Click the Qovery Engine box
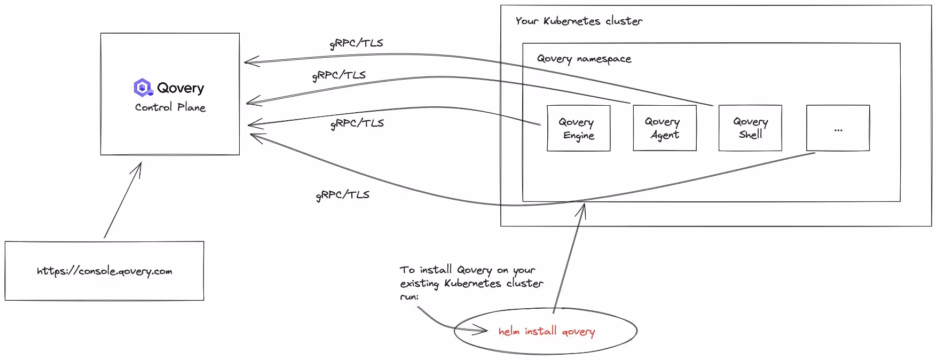(578, 129)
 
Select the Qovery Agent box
(664, 129)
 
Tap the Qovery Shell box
(750, 129)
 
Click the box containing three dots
(838, 129)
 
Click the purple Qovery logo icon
(143, 87)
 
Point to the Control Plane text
(170, 107)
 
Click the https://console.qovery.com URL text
(105, 271)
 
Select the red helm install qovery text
(546, 332)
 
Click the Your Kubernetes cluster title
(579, 21)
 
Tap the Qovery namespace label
(584, 59)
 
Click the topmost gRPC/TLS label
(356, 43)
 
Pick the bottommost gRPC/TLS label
(342, 195)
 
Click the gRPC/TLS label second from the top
(338, 75)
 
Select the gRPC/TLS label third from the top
(357, 123)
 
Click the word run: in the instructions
(409, 296)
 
